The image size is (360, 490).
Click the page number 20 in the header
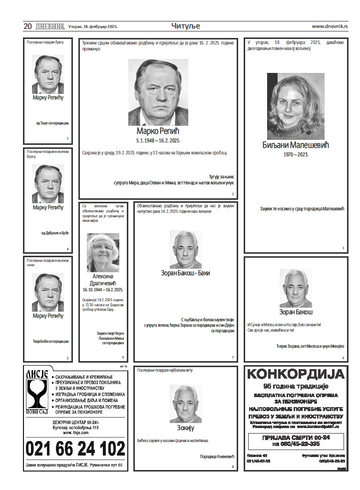(x=27, y=26)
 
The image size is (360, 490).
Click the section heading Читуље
(x=185, y=26)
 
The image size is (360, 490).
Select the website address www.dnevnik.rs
(x=330, y=26)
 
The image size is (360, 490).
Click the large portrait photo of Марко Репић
(x=158, y=93)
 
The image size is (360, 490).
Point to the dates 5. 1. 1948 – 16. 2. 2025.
(x=158, y=141)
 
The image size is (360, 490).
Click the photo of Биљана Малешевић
(x=289, y=106)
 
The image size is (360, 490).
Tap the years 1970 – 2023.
(x=296, y=154)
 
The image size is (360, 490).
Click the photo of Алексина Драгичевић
(x=103, y=252)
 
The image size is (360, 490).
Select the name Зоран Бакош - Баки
(x=185, y=273)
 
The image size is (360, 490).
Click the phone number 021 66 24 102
(x=75, y=449)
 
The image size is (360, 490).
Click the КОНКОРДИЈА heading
(x=296, y=374)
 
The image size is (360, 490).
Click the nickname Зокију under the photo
(x=185, y=428)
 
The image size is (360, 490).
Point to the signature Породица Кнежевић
(x=216, y=456)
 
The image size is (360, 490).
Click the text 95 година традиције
(x=296, y=386)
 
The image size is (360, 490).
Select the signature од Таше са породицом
(x=52, y=123)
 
